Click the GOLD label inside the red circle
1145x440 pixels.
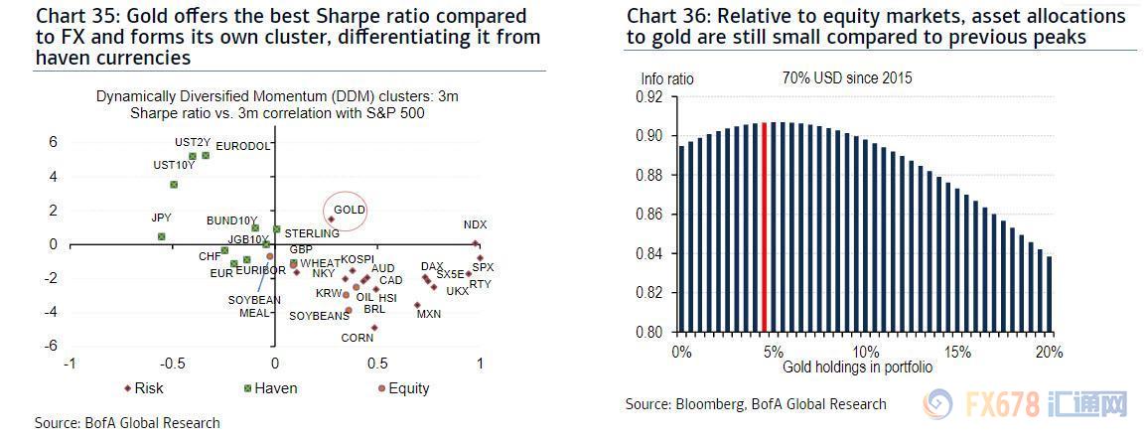click(350, 210)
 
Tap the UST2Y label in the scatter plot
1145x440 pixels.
click(192, 143)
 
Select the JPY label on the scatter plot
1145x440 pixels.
click(161, 218)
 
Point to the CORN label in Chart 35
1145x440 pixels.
click(358, 338)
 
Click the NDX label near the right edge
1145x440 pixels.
click(476, 225)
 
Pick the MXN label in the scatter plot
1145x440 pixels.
click(429, 314)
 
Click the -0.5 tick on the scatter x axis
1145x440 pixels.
click(172, 364)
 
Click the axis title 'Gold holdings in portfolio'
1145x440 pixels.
click(857, 367)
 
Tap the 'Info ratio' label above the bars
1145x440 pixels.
click(667, 78)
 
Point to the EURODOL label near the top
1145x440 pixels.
click(243, 146)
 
